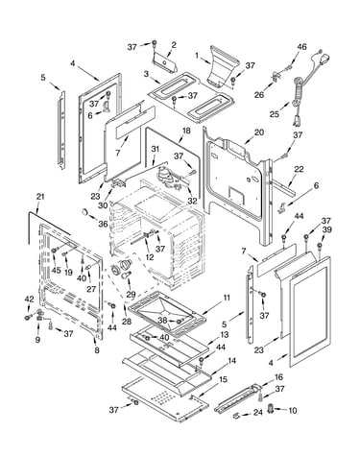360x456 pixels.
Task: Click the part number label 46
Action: click(301, 47)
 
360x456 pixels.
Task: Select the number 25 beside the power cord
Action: click(275, 114)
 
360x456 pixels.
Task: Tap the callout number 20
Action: click(259, 132)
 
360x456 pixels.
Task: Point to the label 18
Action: click(186, 131)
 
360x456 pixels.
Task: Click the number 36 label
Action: click(103, 224)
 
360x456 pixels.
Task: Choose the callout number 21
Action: click(39, 197)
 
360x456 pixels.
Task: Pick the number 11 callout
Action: click(227, 298)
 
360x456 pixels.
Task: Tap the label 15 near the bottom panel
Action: click(223, 379)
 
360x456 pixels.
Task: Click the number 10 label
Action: click(293, 410)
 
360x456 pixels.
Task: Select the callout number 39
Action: click(327, 229)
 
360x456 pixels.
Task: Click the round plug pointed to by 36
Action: click(84, 211)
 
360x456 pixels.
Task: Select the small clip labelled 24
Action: click(236, 416)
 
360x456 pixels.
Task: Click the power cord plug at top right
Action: click(325, 59)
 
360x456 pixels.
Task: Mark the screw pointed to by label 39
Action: click(319, 246)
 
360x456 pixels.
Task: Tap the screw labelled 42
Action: click(27, 318)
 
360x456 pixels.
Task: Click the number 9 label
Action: click(37, 339)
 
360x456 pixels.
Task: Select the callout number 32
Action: click(192, 202)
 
